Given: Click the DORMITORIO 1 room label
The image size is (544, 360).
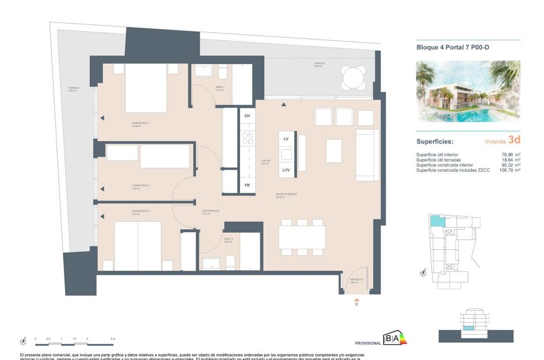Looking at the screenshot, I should pos(140,124).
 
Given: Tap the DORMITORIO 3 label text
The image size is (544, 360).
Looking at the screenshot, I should pos(140,186).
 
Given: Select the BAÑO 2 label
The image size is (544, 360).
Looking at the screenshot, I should pos(229,239).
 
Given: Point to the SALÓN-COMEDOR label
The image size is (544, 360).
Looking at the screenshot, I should pos(286,195).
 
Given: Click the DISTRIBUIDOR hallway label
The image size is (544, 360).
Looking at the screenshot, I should pos(210,211).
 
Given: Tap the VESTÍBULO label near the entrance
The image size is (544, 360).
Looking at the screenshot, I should pos(357,279).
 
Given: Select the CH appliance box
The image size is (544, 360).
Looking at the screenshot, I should pos(248,116).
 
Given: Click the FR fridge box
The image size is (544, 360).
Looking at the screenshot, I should pos(248,185).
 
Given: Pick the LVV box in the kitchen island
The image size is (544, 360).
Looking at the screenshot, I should pos(286,170).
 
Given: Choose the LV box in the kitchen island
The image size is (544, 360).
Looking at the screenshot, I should pos(286,139).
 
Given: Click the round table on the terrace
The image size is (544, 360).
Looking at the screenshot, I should pos(353,77).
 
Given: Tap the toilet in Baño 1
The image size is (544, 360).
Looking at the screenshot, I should pos(222,72).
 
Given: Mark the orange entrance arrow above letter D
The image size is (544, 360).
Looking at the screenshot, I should pos(356,300).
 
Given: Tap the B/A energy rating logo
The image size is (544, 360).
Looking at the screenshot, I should pos(395,339).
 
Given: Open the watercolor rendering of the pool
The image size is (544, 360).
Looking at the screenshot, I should pos(468,92).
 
